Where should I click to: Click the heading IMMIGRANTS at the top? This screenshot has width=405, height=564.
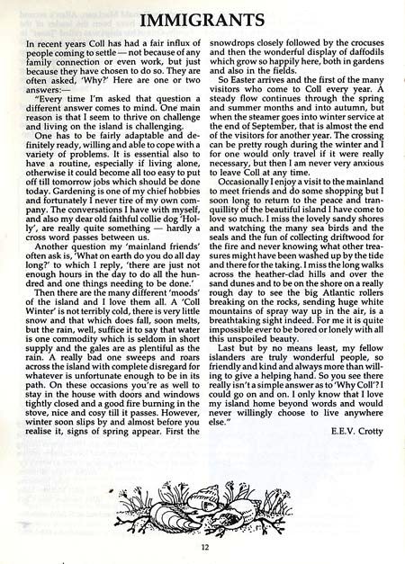pyautogui.click(x=202, y=18)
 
